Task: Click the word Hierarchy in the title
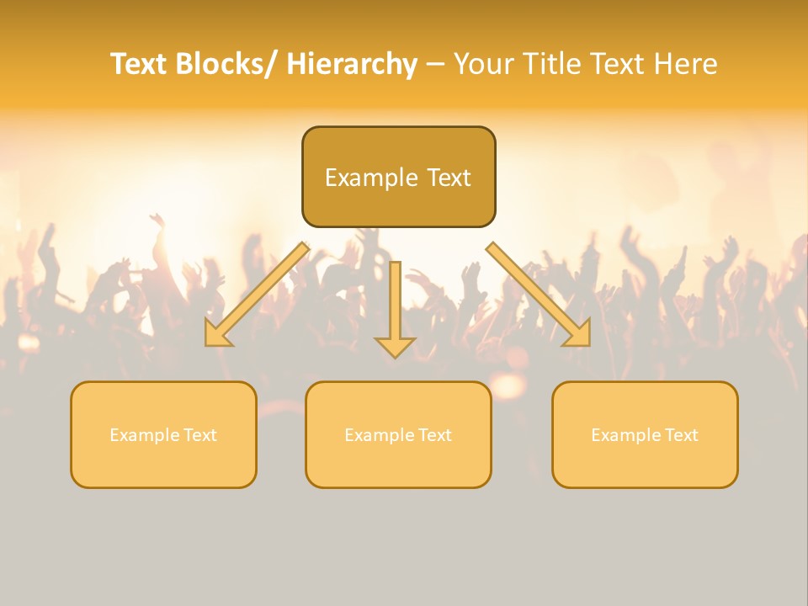point(352,64)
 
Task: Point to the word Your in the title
point(483,64)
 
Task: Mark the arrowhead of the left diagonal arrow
point(217,335)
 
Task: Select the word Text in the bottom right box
point(682,435)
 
